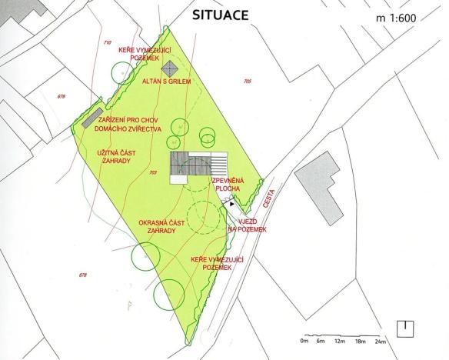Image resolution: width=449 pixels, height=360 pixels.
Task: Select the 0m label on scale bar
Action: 304,341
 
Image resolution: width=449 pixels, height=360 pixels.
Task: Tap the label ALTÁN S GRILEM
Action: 168,81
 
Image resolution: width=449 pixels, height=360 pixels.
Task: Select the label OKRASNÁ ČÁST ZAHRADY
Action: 162,227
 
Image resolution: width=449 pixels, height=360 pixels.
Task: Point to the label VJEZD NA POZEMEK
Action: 247,225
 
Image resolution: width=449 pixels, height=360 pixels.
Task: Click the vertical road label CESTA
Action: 269,196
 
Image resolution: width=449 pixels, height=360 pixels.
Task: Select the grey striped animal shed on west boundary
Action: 93,119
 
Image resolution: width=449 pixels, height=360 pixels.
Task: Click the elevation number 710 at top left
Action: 107,42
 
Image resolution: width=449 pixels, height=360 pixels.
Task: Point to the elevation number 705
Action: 247,81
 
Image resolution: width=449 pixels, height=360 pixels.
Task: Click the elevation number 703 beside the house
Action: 154,173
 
